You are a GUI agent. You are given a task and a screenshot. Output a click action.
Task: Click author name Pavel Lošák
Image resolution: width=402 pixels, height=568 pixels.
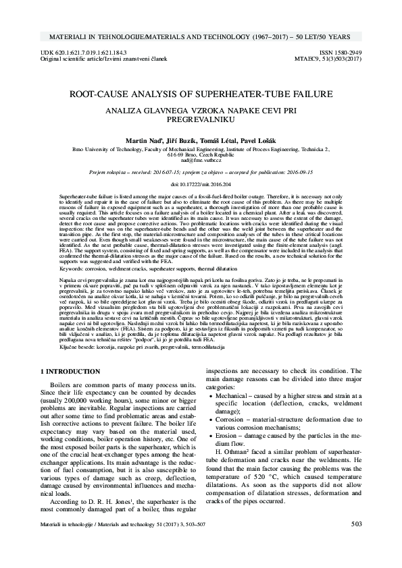coord(251,138)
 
